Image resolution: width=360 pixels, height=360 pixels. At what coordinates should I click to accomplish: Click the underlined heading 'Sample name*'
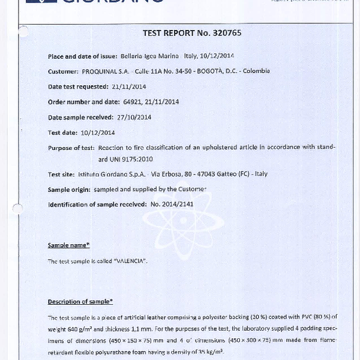(x=68, y=245)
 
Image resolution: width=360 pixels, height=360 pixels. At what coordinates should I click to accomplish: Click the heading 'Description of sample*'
(x=80, y=301)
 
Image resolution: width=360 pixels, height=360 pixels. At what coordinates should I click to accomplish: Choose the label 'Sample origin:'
(x=69, y=190)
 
